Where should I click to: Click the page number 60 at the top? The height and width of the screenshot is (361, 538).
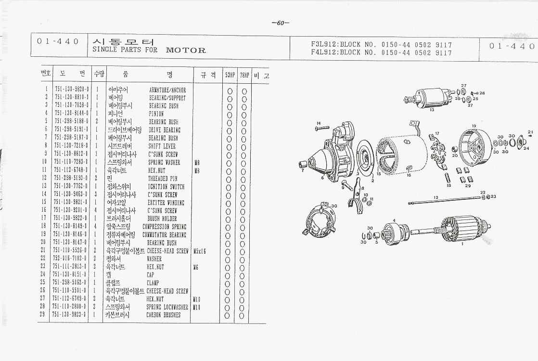point(280,23)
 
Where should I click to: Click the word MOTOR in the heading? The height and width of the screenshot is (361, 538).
point(186,50)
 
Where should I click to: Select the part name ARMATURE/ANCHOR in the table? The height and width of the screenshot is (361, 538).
point(167,90)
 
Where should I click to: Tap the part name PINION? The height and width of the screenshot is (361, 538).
point(156,114)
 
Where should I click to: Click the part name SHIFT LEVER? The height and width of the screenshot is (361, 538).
point(162,146)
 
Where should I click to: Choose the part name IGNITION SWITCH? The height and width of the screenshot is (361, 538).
point(166,187)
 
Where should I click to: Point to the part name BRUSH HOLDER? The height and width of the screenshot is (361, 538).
point(162,219)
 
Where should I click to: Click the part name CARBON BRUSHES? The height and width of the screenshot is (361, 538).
point(164,315)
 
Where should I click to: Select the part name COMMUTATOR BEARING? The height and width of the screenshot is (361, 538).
point(164,235)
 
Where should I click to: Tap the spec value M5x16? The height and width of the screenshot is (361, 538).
point(199,251)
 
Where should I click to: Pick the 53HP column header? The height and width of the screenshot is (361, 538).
point(230,76)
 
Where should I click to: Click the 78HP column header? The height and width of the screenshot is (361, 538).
point(244,76)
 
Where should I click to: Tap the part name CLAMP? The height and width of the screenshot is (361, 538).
point(153,283)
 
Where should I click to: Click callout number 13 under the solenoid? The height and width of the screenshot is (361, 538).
point(432,110)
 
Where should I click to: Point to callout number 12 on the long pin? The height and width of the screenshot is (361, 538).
point(436,198)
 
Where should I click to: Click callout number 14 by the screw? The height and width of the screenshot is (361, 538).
point(318,123)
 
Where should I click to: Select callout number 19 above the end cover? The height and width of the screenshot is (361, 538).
point(474,126)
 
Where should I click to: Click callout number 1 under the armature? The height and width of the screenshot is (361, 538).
point(462,244)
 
